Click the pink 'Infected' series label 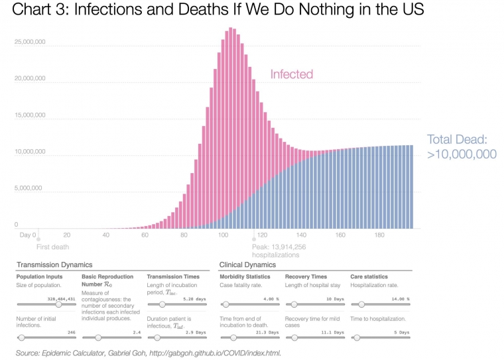(291, 74)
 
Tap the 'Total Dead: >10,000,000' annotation (458, 147)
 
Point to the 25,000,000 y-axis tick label (29, 42)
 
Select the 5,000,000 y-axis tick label (29, 188)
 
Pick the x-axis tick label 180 (379, 235)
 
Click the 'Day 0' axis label (27, 235)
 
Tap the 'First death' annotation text (52, 247)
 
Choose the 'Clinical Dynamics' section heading (247, 265)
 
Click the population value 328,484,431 (60, 298)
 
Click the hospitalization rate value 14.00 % (399, 298)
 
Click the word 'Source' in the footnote (29, 353)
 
